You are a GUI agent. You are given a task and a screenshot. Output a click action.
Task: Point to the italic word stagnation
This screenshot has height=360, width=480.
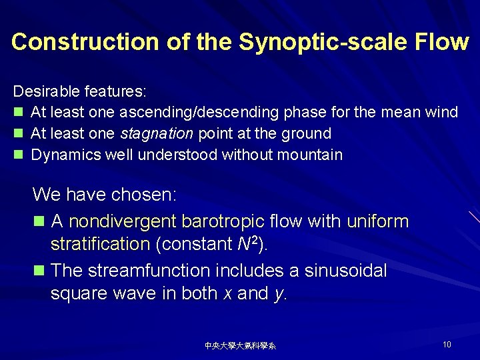pyautogui.click(x=157, y=133)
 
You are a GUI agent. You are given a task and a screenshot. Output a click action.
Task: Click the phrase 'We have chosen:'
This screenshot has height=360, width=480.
pyautogui.click(x=104, y=195)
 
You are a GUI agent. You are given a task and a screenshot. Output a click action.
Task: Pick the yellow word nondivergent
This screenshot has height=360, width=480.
pyautogui.click(x=122, y=221)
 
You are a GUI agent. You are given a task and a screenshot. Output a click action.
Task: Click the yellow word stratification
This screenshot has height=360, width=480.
pyautogui.click(x=100, y=244)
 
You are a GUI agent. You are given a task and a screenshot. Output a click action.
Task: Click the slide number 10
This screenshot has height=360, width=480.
pyautogui.click(x=447, y=344)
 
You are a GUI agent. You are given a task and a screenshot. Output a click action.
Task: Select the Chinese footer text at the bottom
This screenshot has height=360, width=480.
pyautogui.click(x=240, y=345)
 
